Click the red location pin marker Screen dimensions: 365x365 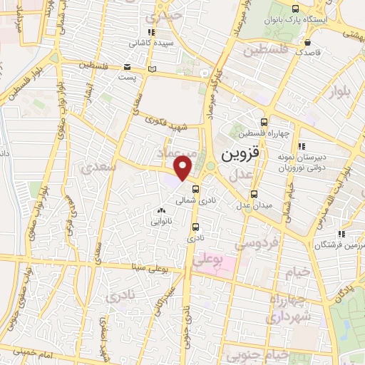pos(184,168)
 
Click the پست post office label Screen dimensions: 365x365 pos(127,76)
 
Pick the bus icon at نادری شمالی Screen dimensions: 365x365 pos(195,190)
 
